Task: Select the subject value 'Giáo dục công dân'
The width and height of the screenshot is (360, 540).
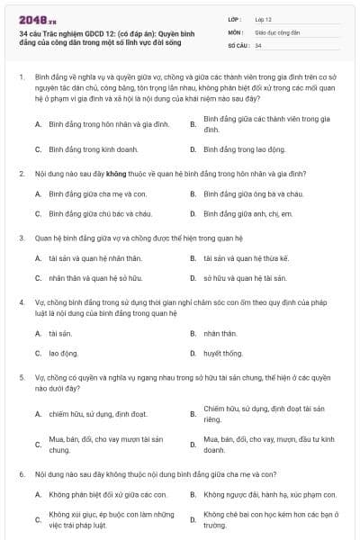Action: point(276,31)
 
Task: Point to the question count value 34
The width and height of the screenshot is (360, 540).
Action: point(258,44)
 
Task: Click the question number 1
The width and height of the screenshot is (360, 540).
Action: point(20,78)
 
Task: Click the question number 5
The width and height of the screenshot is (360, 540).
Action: point(20,378)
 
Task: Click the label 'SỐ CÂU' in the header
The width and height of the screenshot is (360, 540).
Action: point(237,44)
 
